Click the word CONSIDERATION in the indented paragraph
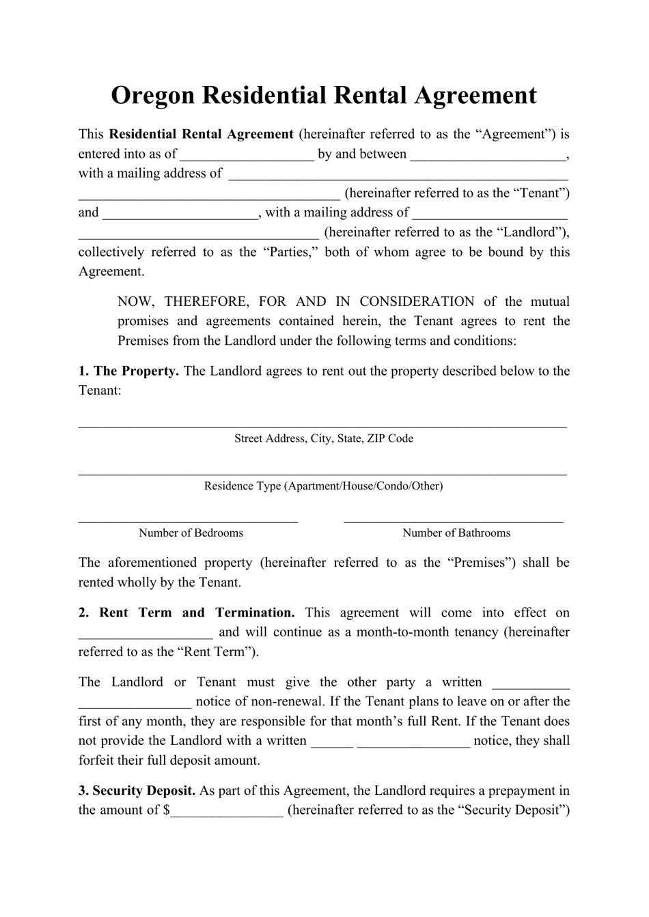tap(417, 301)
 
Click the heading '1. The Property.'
tap(129, 371)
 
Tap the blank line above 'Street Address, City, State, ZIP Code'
tap(322, 426)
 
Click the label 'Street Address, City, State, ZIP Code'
tap(324, 438)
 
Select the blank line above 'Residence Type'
tap(322, 473)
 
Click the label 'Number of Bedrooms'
tap(191, 533)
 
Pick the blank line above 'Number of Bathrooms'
tap(454, 521)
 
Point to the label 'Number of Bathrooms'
tap(456, 533)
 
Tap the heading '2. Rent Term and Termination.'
tap(187, 612)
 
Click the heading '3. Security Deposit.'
tap(137, 791)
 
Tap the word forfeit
tap(100, 761)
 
